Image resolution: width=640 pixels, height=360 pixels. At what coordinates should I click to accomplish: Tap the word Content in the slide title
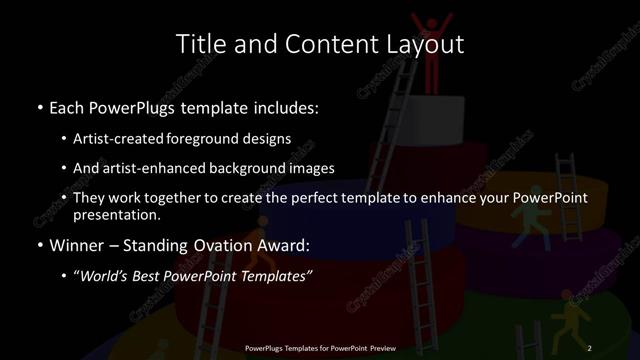pos(322,44)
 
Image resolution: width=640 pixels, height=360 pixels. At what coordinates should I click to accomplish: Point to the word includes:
pos(282,105)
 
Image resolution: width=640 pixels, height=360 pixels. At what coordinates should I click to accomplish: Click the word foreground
pos(210,140)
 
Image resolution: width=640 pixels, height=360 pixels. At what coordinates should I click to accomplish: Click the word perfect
pos(311,197)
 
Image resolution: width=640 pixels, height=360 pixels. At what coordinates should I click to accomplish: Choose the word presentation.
pos(116,214)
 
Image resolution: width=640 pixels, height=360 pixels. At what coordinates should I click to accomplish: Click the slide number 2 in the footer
pos(590,347)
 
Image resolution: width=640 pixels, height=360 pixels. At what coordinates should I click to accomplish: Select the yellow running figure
pos(567,322)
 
